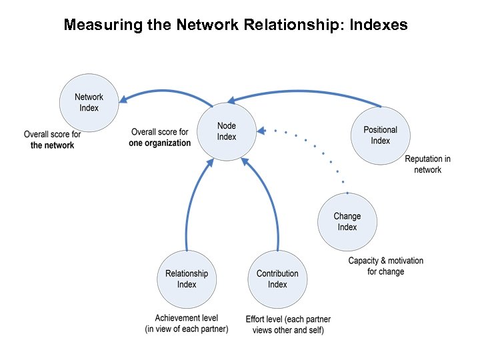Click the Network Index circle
pyautogui.click(x=89, y=103)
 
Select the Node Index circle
pyautogui.click(x=227, y=131)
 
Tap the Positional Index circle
pyautogui.click(x=380, y=135)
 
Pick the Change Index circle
pyautogui.click(x=347, y=221)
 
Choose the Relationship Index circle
pyautogui.click(x=187, y=279)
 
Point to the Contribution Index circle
pyautogui.click(x=277, y=279)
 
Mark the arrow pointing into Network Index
pyautogui.click(x=167, y=92)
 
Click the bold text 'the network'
pyautogui.click(x=52, y=145)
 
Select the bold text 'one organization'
pyautogui.click(x=160, y=143)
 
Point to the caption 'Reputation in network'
pyautogui.click(x=427, y=164)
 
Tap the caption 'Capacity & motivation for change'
pyautogui.click(x=385, y=266)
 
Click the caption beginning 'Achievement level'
pyautogui.click(x=187, y=324)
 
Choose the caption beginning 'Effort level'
pyautogui.click(x=288, y=325)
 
